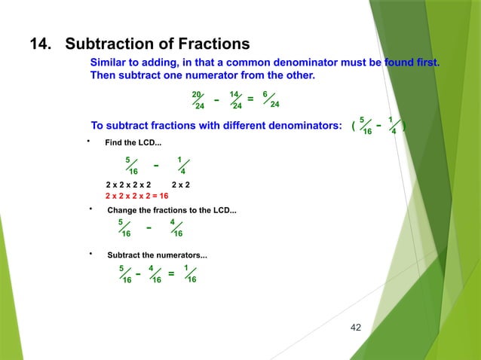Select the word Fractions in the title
pos(211,43)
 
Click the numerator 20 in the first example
pos(197,94)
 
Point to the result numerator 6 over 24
pos(265,94)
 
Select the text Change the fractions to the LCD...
pos(172,210)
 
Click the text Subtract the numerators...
pos(158,256)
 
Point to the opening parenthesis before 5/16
pos(354,126)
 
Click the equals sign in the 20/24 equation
pos(250,99)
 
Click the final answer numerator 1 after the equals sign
pos(186,267)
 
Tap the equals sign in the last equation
pos(171,273)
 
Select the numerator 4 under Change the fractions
pos(173,221)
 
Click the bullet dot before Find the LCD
pos(89,141)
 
